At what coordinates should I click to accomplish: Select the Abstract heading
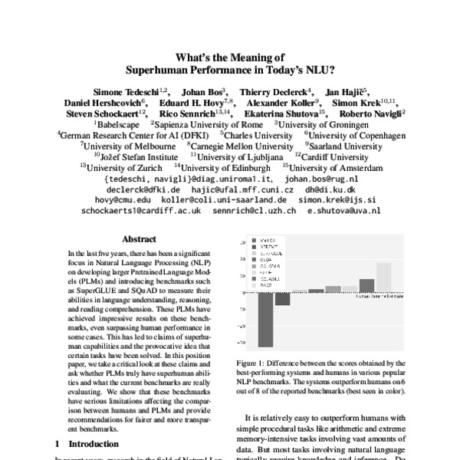pos(138,239)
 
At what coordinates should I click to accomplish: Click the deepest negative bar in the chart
pos(265,318)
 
